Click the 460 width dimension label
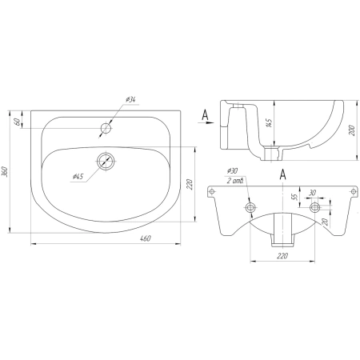click(146, 238)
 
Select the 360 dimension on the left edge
click(5, 171)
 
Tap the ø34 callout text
click(130, 100)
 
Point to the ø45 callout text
click(78, 176)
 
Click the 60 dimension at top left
click(17, 122)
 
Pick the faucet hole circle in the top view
click(106, 129)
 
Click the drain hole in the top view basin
click(106, 161)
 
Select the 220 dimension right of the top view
click(189, 185)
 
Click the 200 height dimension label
click(352, 130)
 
